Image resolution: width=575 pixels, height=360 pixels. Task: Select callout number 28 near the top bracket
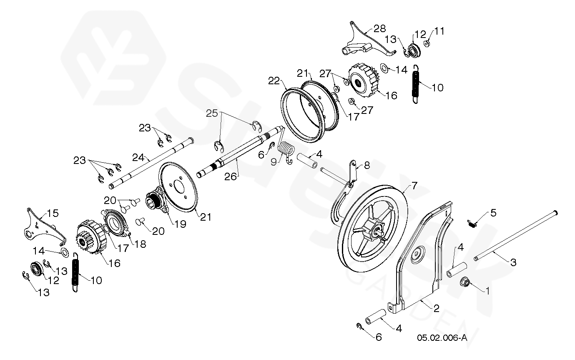379,28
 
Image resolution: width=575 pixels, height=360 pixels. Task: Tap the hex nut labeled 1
465,283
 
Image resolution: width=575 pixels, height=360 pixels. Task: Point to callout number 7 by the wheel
414,184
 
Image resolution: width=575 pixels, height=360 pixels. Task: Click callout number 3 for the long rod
513,262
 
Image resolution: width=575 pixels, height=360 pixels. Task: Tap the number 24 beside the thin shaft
138,158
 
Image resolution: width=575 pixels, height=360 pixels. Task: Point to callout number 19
180,224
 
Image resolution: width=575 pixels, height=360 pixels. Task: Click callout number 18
141,244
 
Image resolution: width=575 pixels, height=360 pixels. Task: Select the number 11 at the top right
439,31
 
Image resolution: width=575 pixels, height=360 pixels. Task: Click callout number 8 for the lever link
367,165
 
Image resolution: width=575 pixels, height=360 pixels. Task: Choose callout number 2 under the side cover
436,309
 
